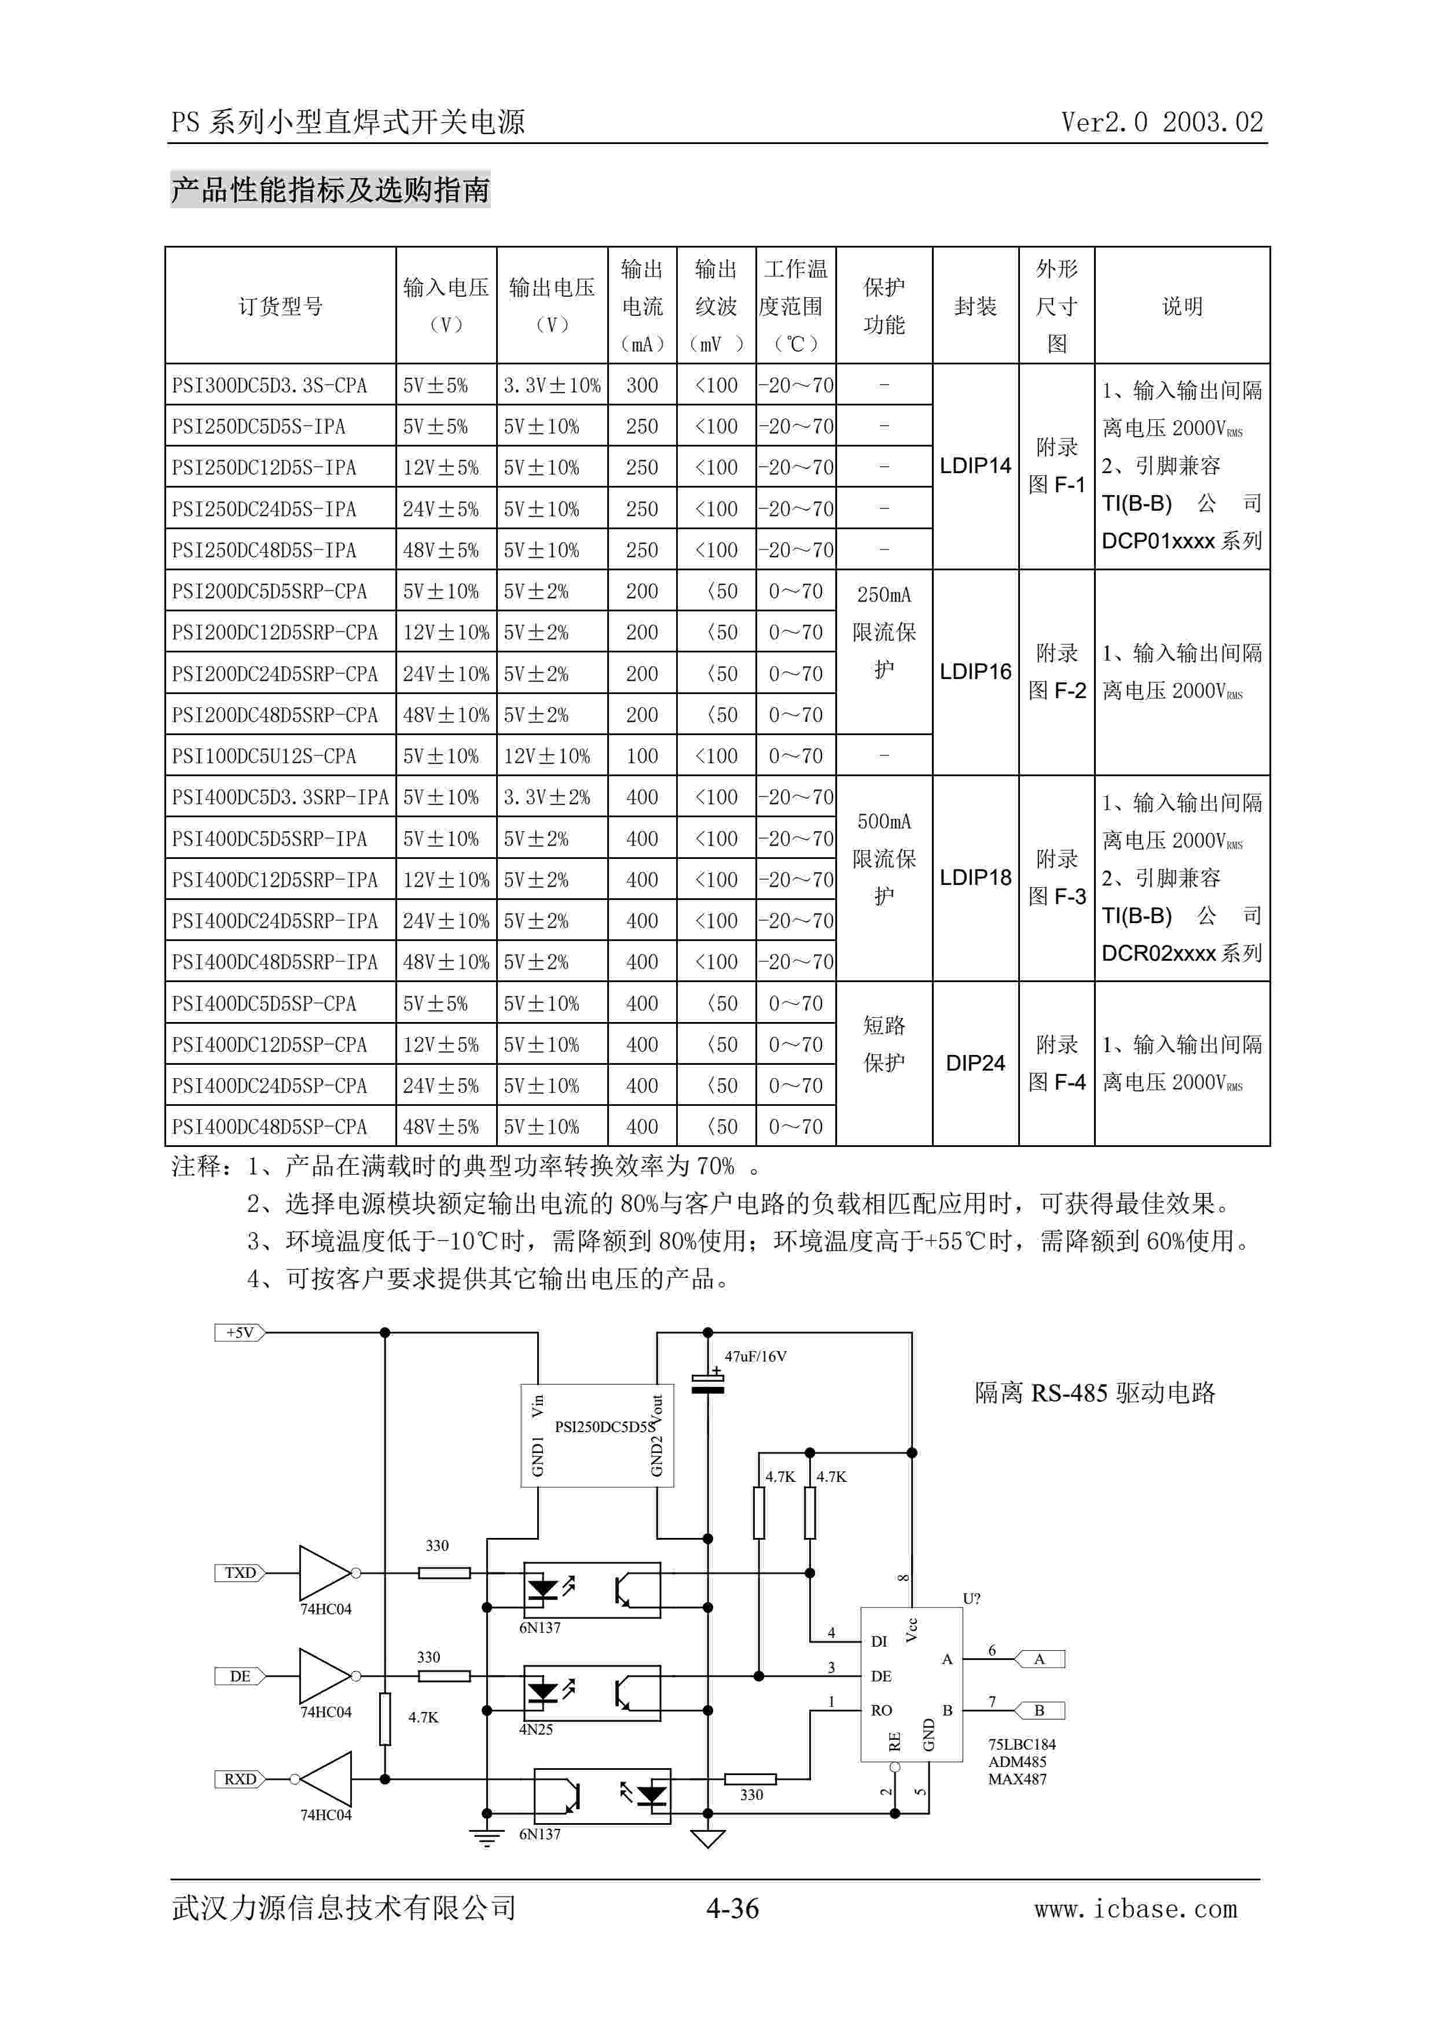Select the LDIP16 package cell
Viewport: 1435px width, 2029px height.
pos(975,672)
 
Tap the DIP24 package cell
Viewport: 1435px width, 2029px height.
pos(975,1063)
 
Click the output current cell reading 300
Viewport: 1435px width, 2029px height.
pos(642,385)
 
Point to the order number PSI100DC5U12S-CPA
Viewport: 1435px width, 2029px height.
pos(265,757)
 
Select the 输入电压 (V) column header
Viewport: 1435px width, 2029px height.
pos(446,306)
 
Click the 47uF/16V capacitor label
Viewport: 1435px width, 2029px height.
pos(755,1356)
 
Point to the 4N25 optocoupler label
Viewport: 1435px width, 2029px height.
pos(536,1729)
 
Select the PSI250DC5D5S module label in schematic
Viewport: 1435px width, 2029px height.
pos(604,1426)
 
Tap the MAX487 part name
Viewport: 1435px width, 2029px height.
pos(1017,1779)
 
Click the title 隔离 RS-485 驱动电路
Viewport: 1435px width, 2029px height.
pos(1095,1393)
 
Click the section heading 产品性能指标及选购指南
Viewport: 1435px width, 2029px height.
pos(330,190)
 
